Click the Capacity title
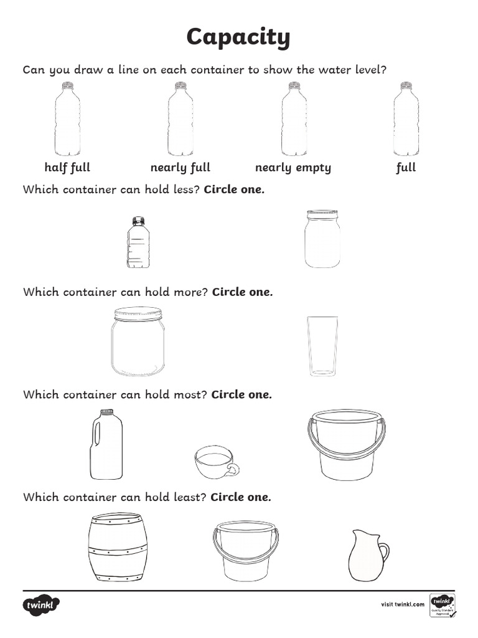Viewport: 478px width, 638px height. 238,38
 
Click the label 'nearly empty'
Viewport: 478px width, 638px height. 293,168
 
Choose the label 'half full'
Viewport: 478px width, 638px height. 67,168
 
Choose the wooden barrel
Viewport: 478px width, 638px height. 118,547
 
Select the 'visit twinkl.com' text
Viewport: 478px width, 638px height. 402,604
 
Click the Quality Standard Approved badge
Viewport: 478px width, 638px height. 443,605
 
